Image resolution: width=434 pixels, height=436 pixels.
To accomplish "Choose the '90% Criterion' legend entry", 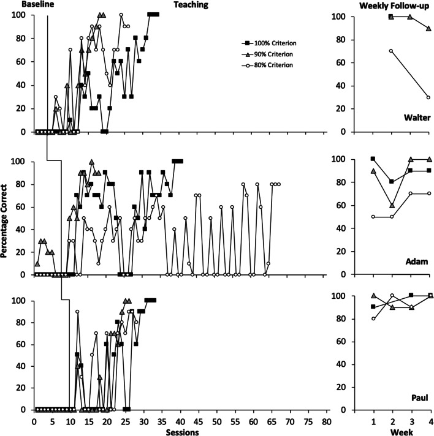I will tap(272, 55).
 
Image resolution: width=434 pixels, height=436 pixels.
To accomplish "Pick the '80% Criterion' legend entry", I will tap(272, 66).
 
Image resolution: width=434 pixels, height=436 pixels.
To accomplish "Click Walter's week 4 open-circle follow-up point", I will tap(428, 97).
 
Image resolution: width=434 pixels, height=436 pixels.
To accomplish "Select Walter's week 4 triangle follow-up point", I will tap(428, 28).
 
